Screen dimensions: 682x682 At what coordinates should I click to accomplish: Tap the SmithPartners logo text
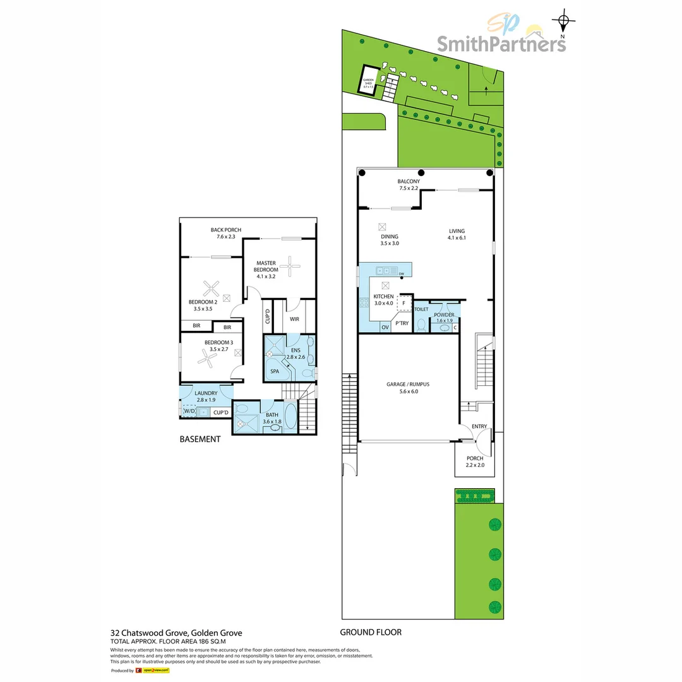coord(501,44)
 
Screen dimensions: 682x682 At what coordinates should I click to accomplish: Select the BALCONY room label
coord(409,181)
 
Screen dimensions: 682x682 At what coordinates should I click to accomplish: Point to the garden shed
coord(369,80)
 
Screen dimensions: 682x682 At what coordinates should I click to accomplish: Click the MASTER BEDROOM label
coord(266,266)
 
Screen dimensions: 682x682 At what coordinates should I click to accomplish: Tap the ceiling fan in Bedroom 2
coord(210,290)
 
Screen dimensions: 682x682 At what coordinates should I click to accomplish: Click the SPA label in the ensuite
coord(275,371)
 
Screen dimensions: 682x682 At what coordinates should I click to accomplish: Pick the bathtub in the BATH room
coord(289,417)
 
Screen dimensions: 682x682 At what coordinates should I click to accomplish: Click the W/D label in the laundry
coord(189,412)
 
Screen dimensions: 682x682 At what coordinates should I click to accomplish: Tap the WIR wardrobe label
coord(294,320)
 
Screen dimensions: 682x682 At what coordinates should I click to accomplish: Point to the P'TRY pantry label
coord(402,323)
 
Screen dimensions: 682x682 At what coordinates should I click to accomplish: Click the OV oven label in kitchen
coord(385,327)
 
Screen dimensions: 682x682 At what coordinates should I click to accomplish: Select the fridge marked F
coord(403,304)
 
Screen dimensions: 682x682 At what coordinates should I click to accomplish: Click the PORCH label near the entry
coord(475,458)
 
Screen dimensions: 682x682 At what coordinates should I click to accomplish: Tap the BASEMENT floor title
coord(200,440)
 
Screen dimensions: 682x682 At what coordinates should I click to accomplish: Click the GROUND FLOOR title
coord(371,632)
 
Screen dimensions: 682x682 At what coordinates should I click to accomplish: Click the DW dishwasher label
coord(401,274)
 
